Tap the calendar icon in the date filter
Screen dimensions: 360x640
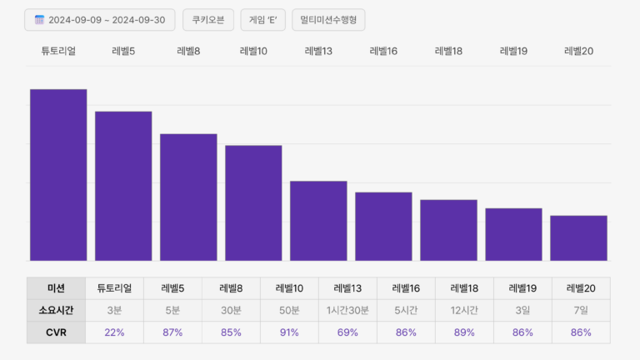[x=39, y=20]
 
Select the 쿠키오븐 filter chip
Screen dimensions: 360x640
[x=207, y=20]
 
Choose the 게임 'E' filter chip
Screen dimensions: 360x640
[x=262, y=20]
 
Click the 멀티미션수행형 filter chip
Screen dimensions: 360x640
[x=328, y=20]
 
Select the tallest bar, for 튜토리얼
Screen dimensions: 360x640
[x=58, y=175]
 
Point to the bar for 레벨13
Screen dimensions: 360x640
[x=318, y=221]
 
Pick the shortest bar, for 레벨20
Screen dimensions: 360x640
[x=578, y=238]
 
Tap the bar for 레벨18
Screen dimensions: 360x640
[x=448, y=230]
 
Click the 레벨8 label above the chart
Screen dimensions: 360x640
[x=188, y=52]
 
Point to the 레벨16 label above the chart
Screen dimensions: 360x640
[x=383, y=52]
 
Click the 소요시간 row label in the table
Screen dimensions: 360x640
[x=56, y=310]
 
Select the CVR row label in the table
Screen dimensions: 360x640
[x=56, y=332]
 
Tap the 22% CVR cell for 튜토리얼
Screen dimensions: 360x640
[x=114, y=332]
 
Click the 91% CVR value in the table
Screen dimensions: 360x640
[x=289, y=332]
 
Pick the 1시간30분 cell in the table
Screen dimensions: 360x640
[x=347, y=310]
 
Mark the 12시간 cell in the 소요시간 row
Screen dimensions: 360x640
[x=464, y=310]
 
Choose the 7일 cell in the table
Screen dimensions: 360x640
[x=581, y=310]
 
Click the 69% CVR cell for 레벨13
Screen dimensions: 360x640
[x=347, y=332]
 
